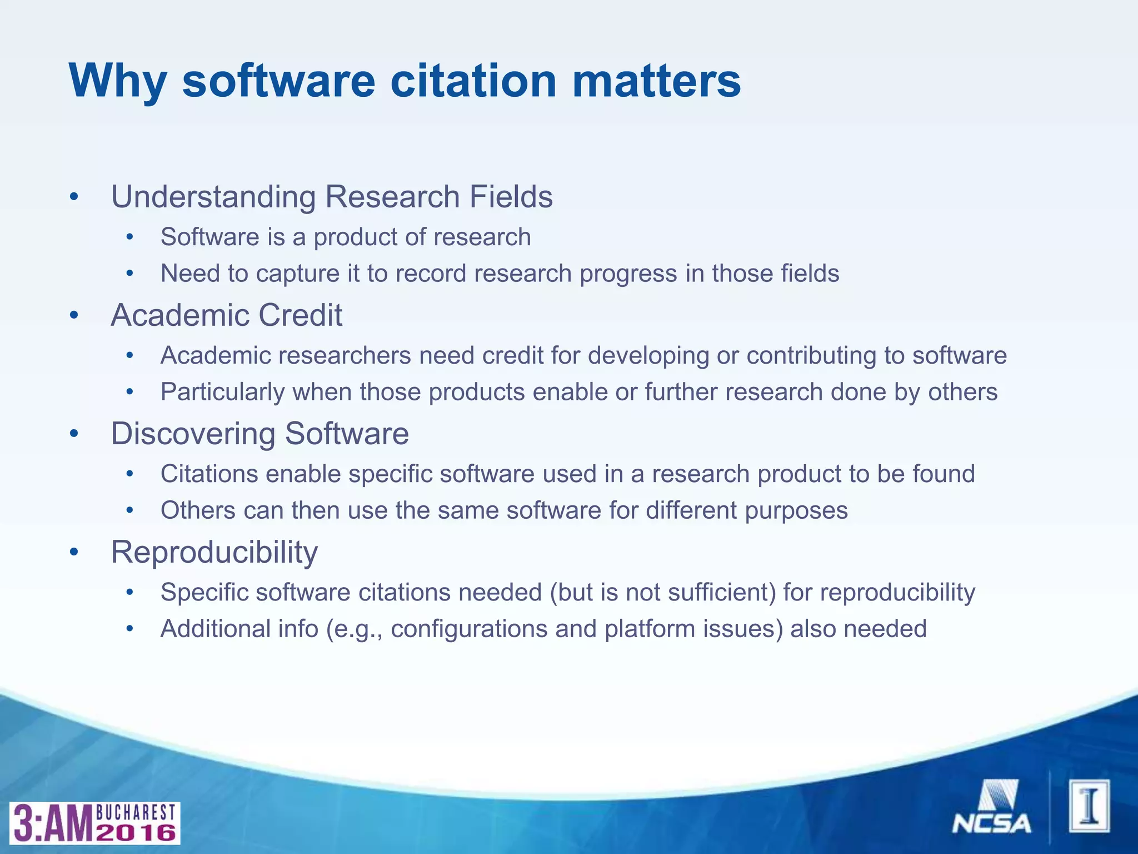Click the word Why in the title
click(x=117, y=81)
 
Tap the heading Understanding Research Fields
click(x=332, y=197)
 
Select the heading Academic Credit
click(x=226, y=315)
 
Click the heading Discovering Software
click(x=259, y=434)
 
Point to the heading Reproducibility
click(x=214, y=552)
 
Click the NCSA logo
click(x=992, y=807)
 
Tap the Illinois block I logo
click(x=1089, y=806)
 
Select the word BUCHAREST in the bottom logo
click(x=136, y=812)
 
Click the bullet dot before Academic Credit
click(x=74, y=316)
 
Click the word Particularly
click(x=222, y=393)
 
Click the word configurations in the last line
click(x=468, y=629)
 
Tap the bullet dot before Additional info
click(x=130, y=629)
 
